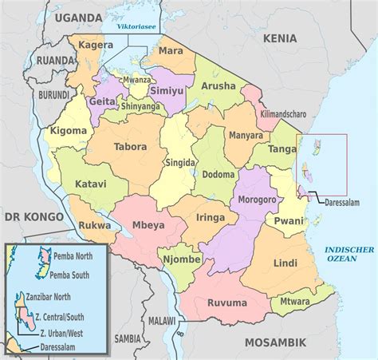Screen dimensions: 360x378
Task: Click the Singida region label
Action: click(180, 163)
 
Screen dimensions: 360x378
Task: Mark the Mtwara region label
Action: click(295, 302)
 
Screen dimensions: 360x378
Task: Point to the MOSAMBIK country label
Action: click(280, 342)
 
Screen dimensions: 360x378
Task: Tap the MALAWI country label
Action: click(162, 320)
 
